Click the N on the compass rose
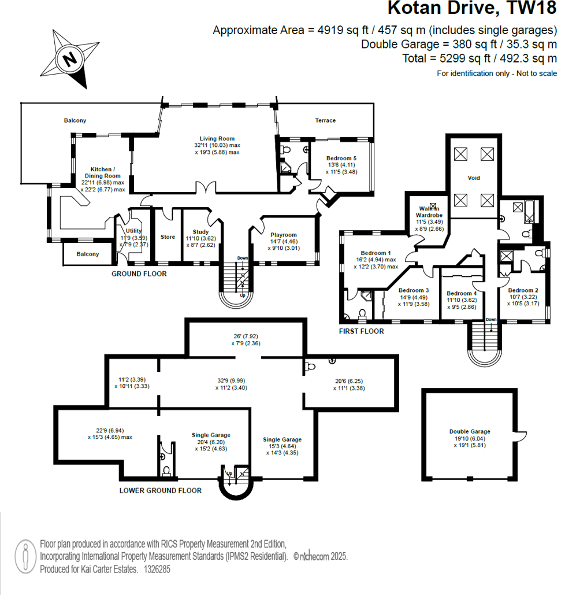tap(69, 59)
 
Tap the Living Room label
tap(217, 139)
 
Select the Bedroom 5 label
tap(341, 158)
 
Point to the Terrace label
tap(325, 120)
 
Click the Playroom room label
tap(284, 235)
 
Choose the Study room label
tap(200, 232)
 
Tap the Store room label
tap(168, 237)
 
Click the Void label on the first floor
tap(474, 178)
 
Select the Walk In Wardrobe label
tap(429, 212)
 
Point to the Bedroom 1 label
tap(376, 253)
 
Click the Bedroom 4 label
tap(462, 293)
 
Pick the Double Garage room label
tap(470, 431)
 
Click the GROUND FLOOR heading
tap(139, 274)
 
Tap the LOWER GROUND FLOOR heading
tap(161, 490)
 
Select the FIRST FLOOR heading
tap(362, 331)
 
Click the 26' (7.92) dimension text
tap(246, 336)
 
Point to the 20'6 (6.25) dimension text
tap(349, 381)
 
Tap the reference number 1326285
tap(157, 569)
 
